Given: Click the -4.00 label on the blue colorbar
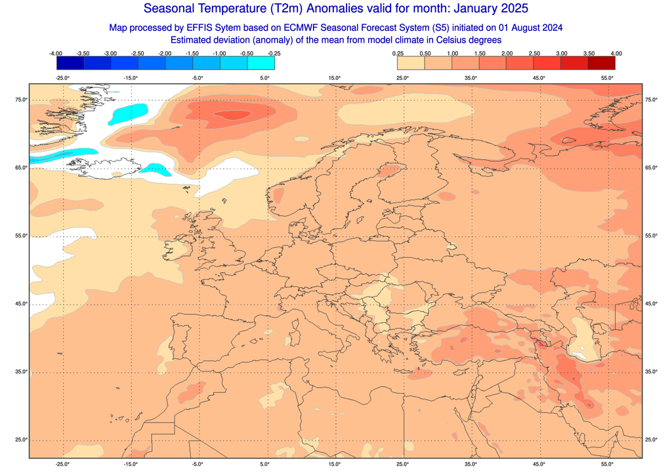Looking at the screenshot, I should (x=56, y=53).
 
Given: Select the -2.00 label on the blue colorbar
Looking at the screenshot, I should (x=165, y=53).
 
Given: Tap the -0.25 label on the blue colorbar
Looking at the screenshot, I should (x=274, y=53).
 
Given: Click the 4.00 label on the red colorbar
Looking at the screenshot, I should (x=616, y=53).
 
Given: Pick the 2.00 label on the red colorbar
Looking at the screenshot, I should (x=507, y=53).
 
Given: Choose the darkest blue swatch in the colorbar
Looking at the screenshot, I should (x=70, y=63).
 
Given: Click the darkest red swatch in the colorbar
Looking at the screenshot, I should (x=602, y=63).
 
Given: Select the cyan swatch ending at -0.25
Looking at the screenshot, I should (x=261, y=63).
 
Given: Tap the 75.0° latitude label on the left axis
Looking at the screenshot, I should (x=21, y=100).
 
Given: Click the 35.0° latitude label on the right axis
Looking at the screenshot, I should (x=651, y=372).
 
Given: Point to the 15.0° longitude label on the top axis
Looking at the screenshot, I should (x=335, y=78).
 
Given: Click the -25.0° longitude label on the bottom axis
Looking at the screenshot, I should (x=62, y=465).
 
